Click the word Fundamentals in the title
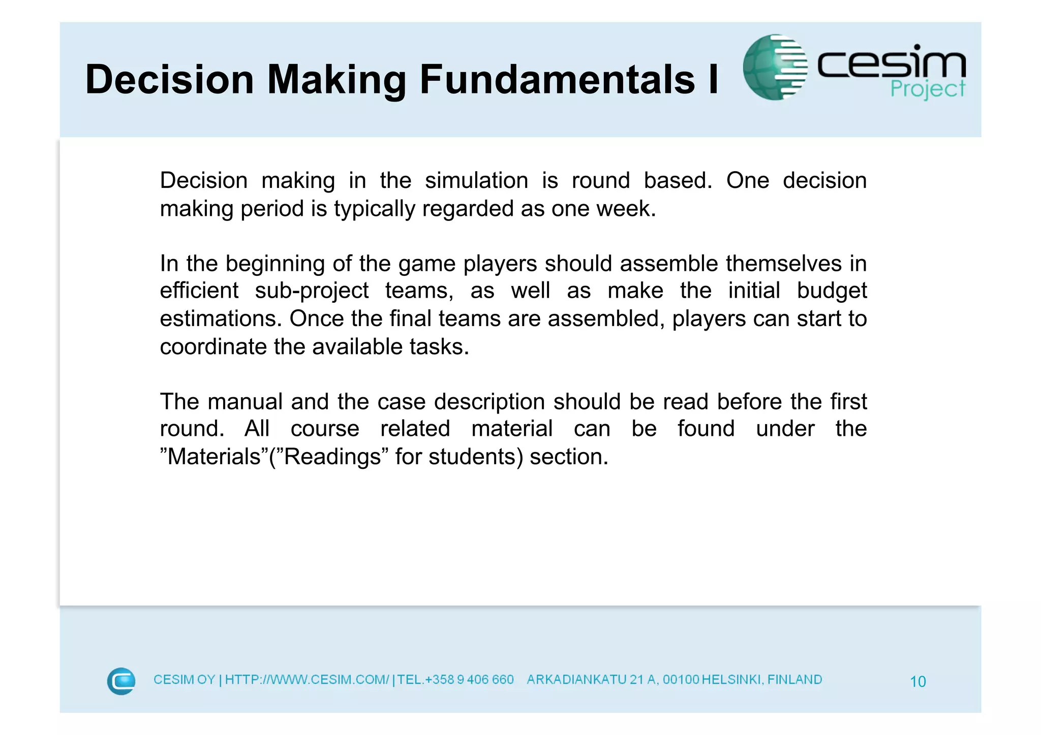[557, 79]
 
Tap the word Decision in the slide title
[169, 79]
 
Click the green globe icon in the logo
[774, 67]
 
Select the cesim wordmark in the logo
[891, 64]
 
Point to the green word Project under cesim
[927, 89]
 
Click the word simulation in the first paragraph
[476, 181]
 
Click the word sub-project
[312, 291]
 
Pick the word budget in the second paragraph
[832, 291]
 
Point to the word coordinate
[213, 347]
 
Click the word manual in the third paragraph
[245, 402]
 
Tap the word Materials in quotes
[214, 457]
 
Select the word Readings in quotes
[332, 457]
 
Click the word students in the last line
[475, 457]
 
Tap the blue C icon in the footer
[121, 681]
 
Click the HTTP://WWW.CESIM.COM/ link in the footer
[307, 680]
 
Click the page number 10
[917, 681]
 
